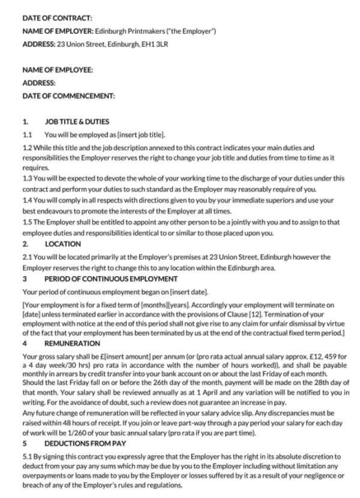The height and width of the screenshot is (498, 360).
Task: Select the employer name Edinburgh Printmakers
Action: [134, 31]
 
